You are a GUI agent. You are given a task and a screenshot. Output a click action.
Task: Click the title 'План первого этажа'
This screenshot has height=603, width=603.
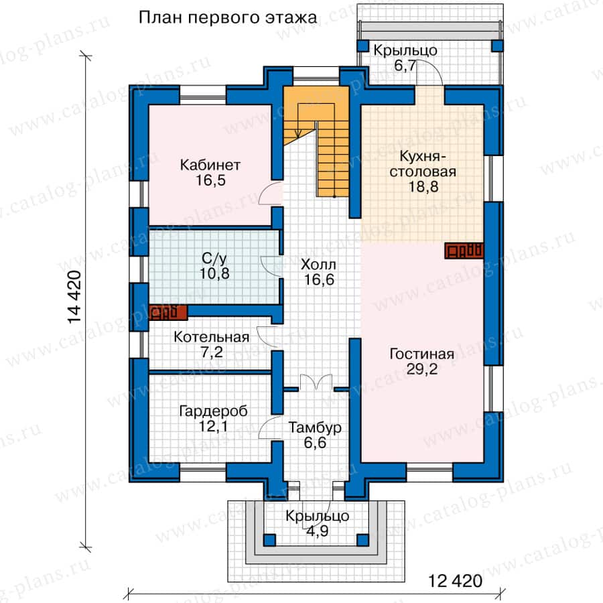(x=228, y=18)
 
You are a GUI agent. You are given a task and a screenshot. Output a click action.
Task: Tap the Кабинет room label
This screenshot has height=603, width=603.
(x=210, y=165)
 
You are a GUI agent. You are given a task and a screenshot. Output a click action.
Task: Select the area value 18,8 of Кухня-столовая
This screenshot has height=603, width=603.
(x=423, y=187)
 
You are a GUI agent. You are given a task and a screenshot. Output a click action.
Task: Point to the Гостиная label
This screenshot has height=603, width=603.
(x=422, y=354)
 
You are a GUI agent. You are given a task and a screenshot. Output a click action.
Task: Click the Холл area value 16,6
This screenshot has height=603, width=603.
(x=319, y=279)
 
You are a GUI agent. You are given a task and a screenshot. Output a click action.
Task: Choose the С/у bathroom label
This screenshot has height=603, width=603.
(x=214, y=259)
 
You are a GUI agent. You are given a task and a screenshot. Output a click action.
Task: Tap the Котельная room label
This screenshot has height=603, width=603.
(x=212, y=337)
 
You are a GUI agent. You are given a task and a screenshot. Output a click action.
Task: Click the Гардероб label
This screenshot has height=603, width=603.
(x=214, y=411)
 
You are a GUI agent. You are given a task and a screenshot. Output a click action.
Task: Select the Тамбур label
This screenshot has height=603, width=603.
(x=315, y=427)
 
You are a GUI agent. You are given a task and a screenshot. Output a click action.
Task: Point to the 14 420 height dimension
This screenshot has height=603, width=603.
(x=74, y=297)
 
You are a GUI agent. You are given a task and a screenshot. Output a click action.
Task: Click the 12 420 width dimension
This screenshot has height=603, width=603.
(x=455, y=581)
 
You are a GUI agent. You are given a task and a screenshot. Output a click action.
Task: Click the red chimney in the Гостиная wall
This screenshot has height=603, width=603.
(x=464, y=251)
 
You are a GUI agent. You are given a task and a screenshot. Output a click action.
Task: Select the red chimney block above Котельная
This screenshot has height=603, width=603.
(x=168, y=313)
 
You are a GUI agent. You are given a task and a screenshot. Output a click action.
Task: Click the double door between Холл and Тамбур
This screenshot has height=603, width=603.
(x=316, y=381)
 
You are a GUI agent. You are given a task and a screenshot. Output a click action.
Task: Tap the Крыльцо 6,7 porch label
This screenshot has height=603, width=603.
(x=405, y=58)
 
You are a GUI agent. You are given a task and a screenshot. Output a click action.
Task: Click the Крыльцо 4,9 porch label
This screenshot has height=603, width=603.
(x=318, y=523)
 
